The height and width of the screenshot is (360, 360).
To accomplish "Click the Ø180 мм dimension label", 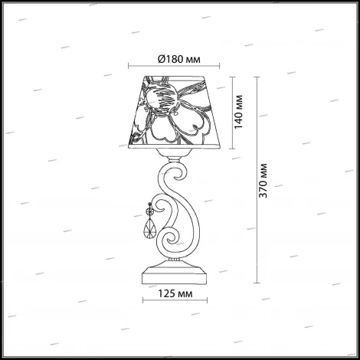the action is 179,60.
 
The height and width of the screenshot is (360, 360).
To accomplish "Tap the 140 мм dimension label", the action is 239,112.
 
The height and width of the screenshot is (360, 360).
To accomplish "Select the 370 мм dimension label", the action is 263,181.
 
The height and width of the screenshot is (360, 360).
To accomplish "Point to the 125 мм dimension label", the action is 175,294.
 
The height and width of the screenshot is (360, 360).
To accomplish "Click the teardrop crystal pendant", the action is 150,230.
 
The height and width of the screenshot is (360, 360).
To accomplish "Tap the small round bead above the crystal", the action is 149,211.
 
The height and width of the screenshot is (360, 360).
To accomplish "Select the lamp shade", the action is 174,112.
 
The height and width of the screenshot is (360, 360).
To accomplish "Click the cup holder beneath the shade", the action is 174,152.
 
